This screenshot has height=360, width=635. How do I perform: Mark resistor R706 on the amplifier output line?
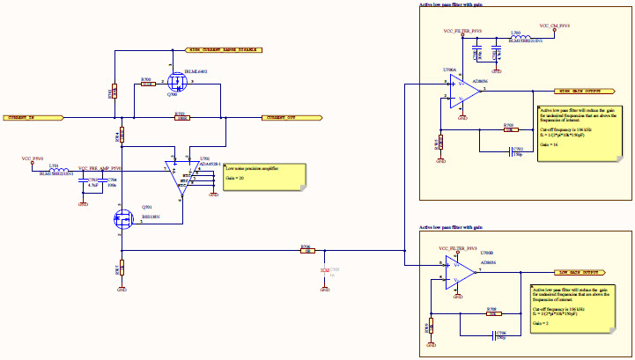coord(306,251)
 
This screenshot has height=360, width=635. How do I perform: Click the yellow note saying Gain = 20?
coord(265,173)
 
